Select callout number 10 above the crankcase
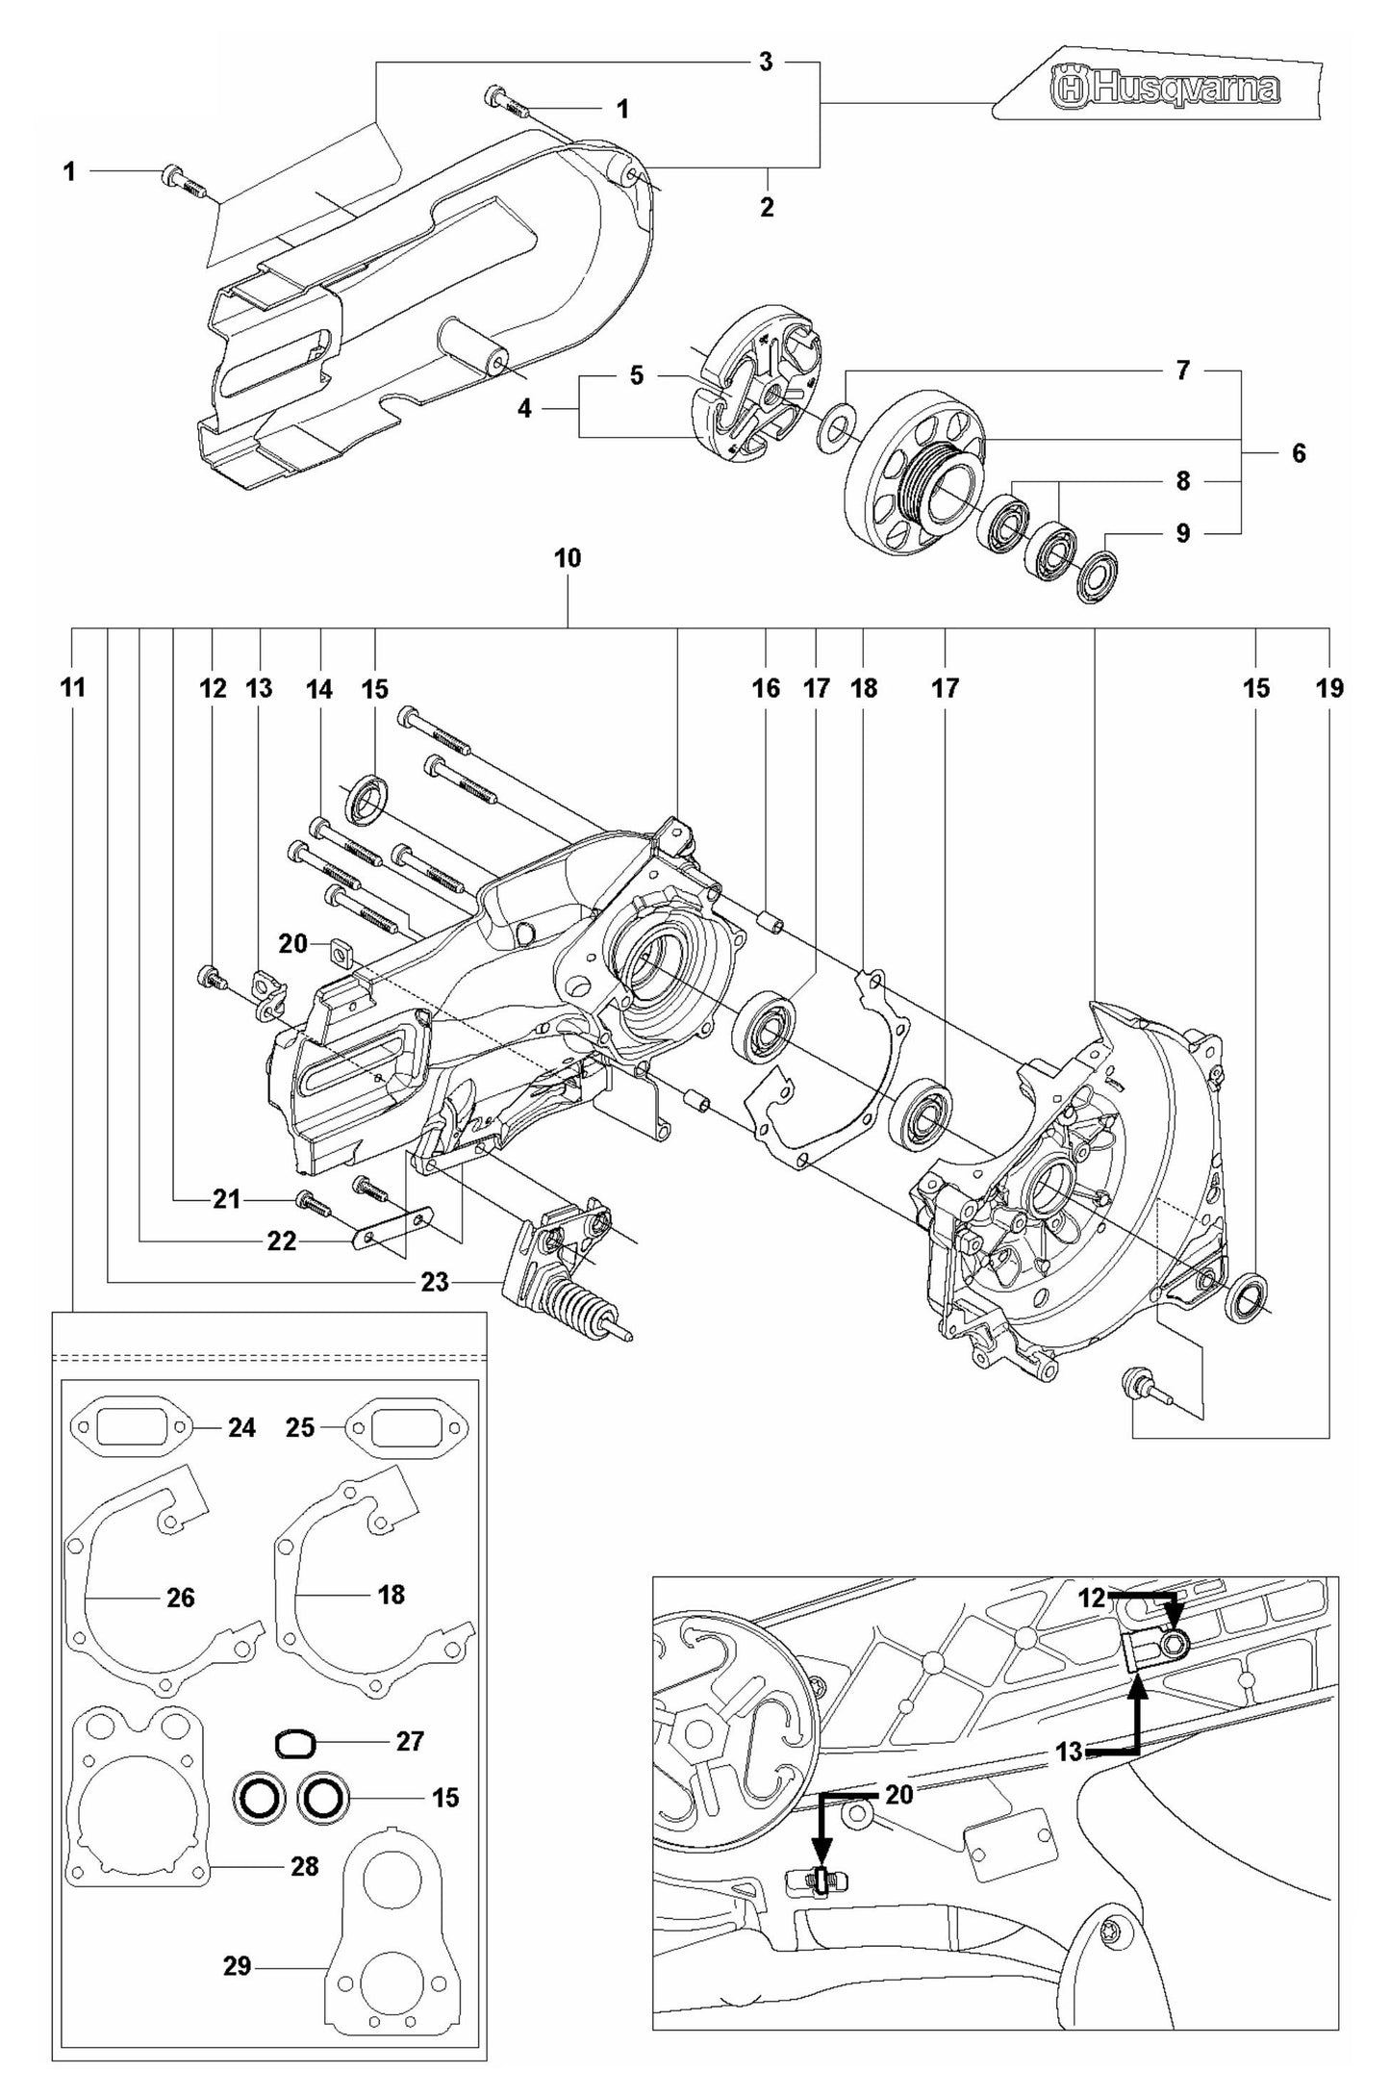tap(568, 558)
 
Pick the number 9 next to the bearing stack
tap(1183, 532)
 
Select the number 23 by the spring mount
tap(435, 1282)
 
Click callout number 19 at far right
tap(1329, 688)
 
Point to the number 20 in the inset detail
tap(898, 1796)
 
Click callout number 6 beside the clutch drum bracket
tap(1298, 453)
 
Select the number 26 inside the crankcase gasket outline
tap(181, 1599)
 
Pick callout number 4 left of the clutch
tap(524, 408)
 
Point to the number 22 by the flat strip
tap(282, 1241)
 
